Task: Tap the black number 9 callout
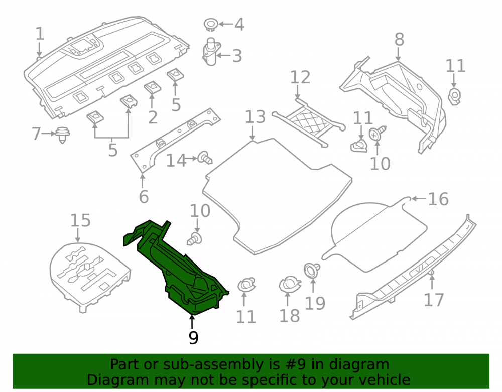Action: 193,338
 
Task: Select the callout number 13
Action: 255,117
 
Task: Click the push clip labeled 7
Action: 63,135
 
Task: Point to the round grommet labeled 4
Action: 211,25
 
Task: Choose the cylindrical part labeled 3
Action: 211,52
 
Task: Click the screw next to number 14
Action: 205,158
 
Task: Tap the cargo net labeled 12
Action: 309,123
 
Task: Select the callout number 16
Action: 438,199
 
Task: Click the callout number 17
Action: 434,300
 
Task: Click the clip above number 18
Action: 290,285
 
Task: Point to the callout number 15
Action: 80,221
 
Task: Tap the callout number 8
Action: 399,40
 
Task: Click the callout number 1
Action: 39,34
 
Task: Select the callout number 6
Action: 144,196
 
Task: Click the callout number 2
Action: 153,117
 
